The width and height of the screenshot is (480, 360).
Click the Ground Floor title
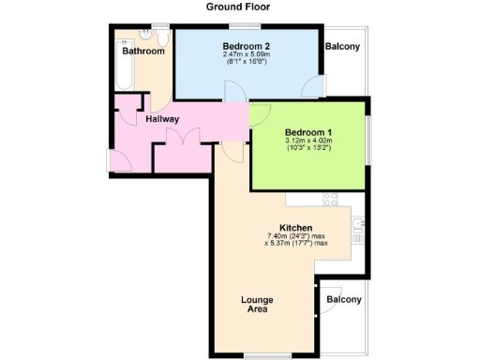[x=239, y=6]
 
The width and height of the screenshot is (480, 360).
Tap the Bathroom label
[x=142, y=52]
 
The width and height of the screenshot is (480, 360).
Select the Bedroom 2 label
[x=247, y=45]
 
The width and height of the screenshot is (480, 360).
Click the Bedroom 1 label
[x=309, y=131]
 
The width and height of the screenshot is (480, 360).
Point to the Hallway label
[x=164, y=119]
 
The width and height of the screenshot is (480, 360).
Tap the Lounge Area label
[x=256, y=304]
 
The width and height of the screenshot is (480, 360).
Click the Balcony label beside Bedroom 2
[x=343, y=46]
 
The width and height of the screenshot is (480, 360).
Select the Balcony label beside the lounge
[x=343, y=299]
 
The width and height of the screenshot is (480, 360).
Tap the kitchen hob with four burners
[x=330, y=200]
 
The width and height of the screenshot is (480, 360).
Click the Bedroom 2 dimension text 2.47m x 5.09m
[x=247, y=55]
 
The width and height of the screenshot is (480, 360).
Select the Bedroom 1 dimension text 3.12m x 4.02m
[x=309, y=142]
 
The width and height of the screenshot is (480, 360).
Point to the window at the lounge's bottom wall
[x=261, y=356]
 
